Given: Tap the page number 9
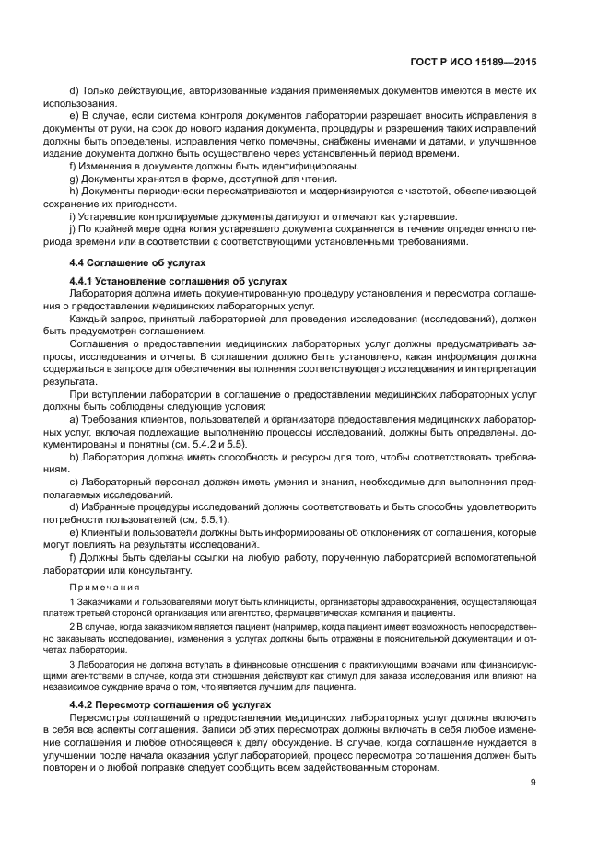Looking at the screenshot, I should [534, 783].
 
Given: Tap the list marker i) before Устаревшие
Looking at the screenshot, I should [72, 216].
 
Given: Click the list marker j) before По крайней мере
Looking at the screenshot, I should [72, 229].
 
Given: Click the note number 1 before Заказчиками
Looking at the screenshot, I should [71, 601].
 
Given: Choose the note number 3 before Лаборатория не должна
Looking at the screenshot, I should [71, 664].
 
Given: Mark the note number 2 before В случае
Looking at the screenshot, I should [71, 625].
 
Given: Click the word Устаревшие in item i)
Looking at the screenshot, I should [108, 216].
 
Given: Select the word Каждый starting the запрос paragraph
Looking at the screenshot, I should [90, 318].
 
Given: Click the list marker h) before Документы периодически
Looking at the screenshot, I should [74, 191].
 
